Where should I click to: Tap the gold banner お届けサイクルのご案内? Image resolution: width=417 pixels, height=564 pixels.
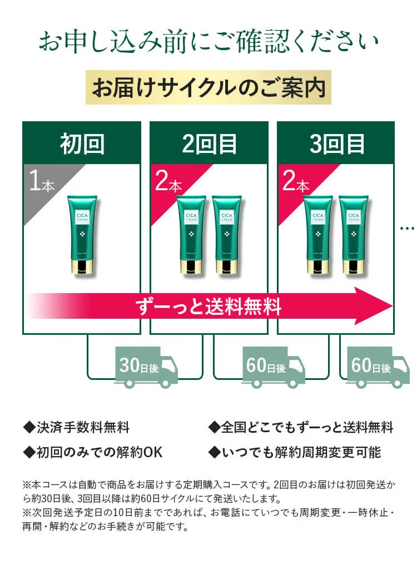[x=209, y=87]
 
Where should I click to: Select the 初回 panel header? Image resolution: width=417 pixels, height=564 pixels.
[x=82, y=144]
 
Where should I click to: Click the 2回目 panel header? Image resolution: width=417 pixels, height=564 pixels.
[x=209, y=144]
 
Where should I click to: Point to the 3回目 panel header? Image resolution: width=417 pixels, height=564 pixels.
[x=336, y=144]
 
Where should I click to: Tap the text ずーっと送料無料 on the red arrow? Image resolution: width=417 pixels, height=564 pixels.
[x=209, y=306]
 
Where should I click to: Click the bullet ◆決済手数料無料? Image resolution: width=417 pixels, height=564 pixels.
[x=76, y=428]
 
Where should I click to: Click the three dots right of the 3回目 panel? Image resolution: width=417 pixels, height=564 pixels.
[x=408, y=228]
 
